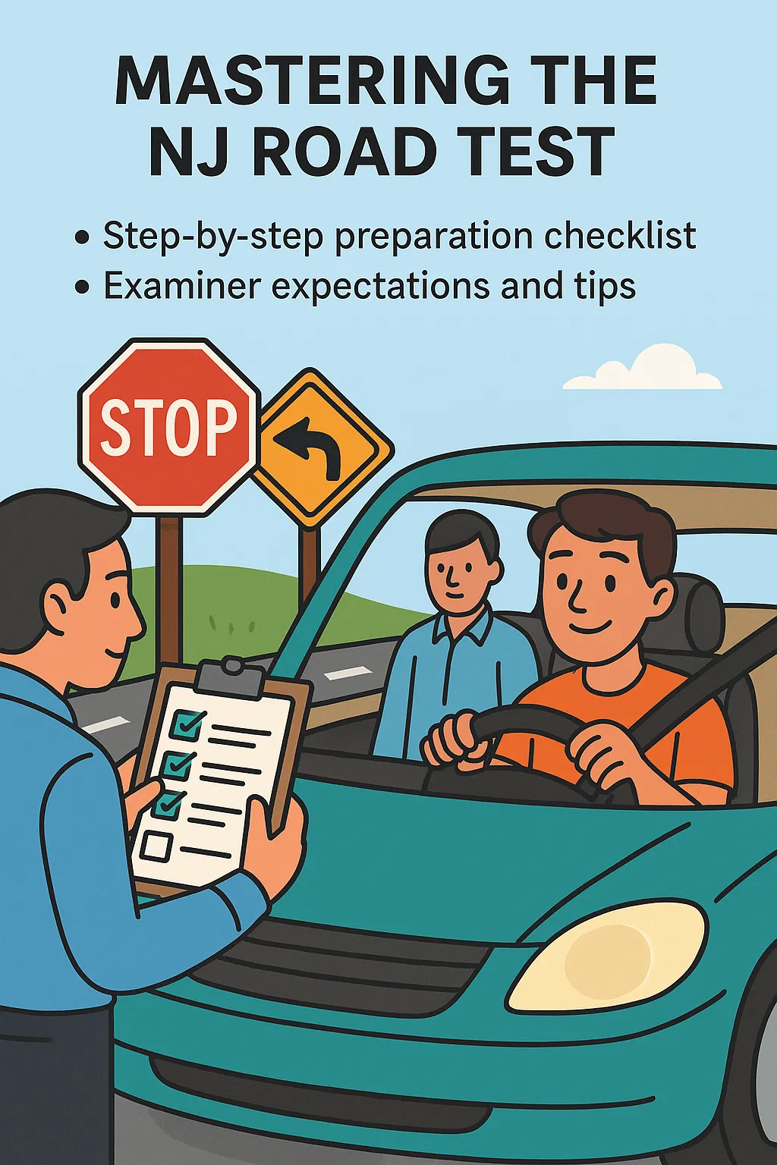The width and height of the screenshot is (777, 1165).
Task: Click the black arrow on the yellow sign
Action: pos(310,448)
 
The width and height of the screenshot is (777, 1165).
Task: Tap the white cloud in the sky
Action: pos(643,368)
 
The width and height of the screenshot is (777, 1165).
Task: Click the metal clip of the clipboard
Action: pos(230,676)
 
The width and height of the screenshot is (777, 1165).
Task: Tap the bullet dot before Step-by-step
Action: pos(82,238)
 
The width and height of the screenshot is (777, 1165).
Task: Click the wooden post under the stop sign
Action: pos(170,593)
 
